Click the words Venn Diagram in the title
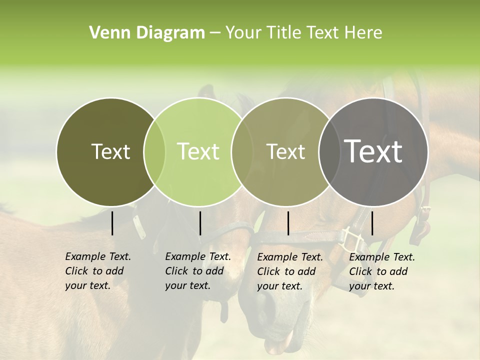click(x=147, y=33)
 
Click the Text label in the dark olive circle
click(x=110, y=151)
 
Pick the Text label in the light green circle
click(x=198, y=151)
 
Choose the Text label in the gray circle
click(x=373, y=151)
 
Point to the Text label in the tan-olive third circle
click(x=285, y=151)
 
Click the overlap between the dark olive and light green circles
click(x=154, y=152)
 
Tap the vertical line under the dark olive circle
click(x=112, y=223)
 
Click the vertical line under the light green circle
click(x=200, y=223)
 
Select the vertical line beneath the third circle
click(x=288, y=223)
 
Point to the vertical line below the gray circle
click(x=372, y=223)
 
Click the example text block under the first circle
click(x=98, y=271)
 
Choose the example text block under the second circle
click(x=198, y=271)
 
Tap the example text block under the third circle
click(x=290, y=271)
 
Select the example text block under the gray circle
click(x=382, y=271)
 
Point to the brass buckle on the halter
click(x=352, y=240)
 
